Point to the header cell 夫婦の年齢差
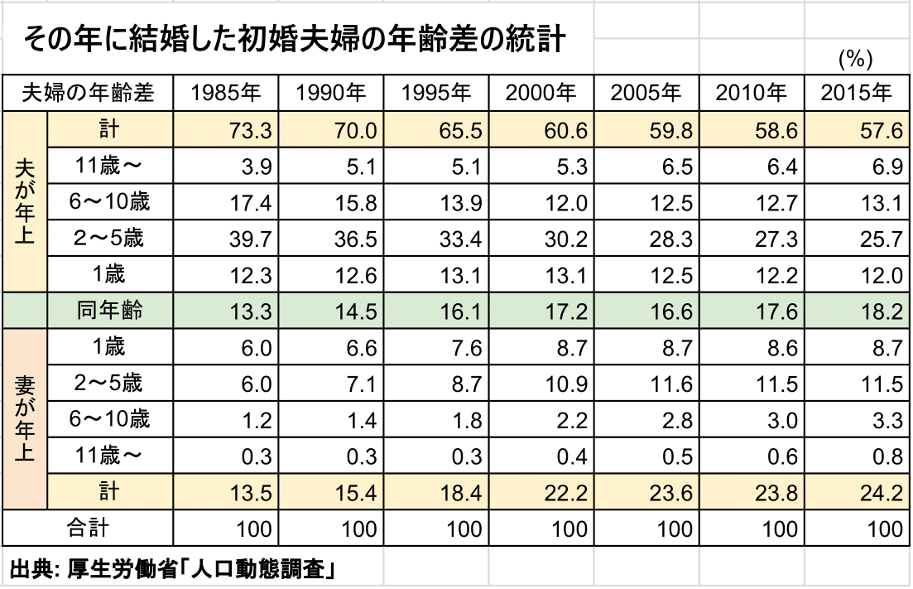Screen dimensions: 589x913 [x=89, y=94]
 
